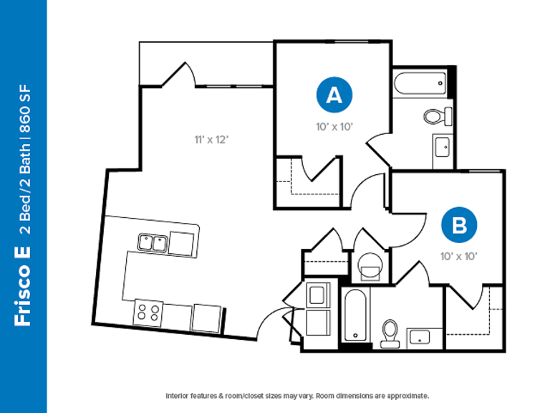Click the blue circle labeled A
click(x=334, y=95)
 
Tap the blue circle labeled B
click(x=459, y=224)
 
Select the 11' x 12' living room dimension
click(x=211, y=140)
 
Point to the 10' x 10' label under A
click(x=334, y=127)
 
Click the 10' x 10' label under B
click(x=459, y=257)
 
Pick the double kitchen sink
click(x=153, y=242)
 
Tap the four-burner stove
click(x=148, y=313)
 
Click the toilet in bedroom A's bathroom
click(x=438, y=116)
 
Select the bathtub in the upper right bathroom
click(x=420, y=84)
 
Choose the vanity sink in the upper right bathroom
click(x=442, y=148)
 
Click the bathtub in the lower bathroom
click(x=355, y=315)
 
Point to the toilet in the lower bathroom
click(x=390, y=333)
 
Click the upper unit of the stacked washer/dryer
click(x=318, y=295)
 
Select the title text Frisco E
click(x=22, y=286)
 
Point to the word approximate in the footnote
click(x=407, y=396)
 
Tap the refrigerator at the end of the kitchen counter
click(x=207, y=318)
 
